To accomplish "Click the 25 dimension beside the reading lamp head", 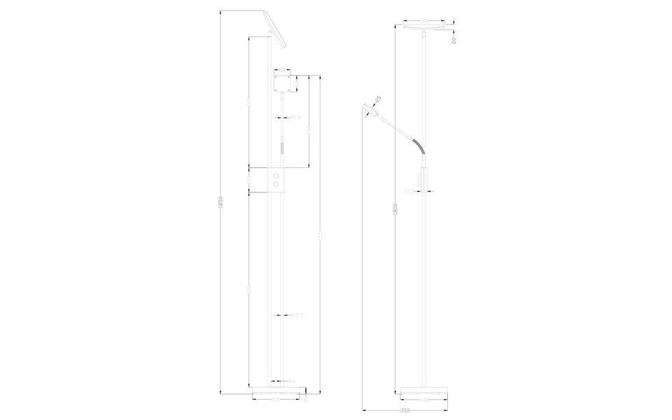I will pos(377,99).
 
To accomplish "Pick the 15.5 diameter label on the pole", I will pos(297,316).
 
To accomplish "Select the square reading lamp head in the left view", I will pos(283,83).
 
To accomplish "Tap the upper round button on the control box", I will pos(278,174).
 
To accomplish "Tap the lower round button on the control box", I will pos(278,183).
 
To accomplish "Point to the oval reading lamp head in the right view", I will pos(370,108).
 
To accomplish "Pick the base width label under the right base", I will pos(425,399).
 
